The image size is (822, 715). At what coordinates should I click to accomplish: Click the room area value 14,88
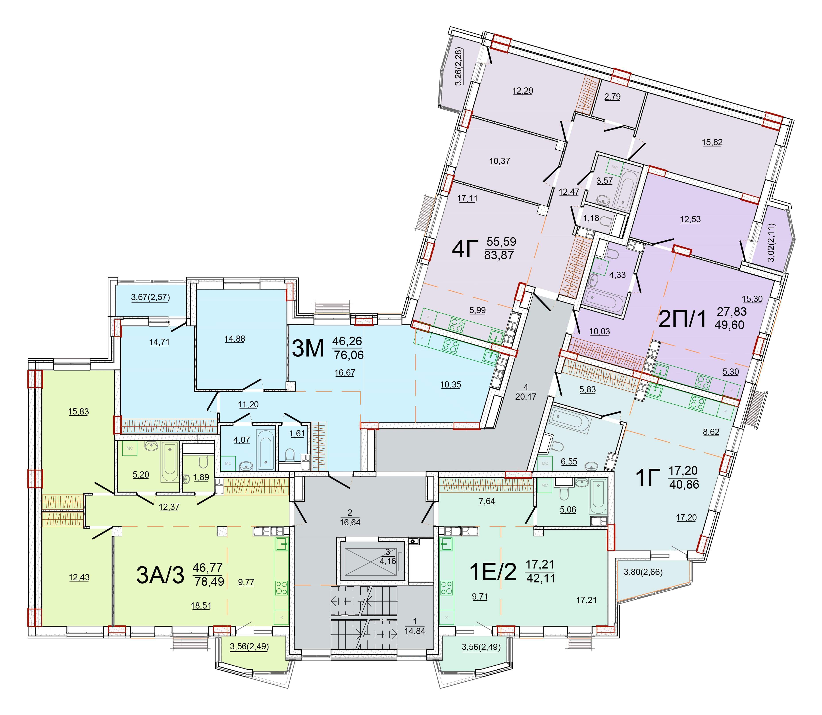(x=235, y=339)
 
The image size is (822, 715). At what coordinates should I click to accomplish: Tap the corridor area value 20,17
(x=526, y=397)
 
